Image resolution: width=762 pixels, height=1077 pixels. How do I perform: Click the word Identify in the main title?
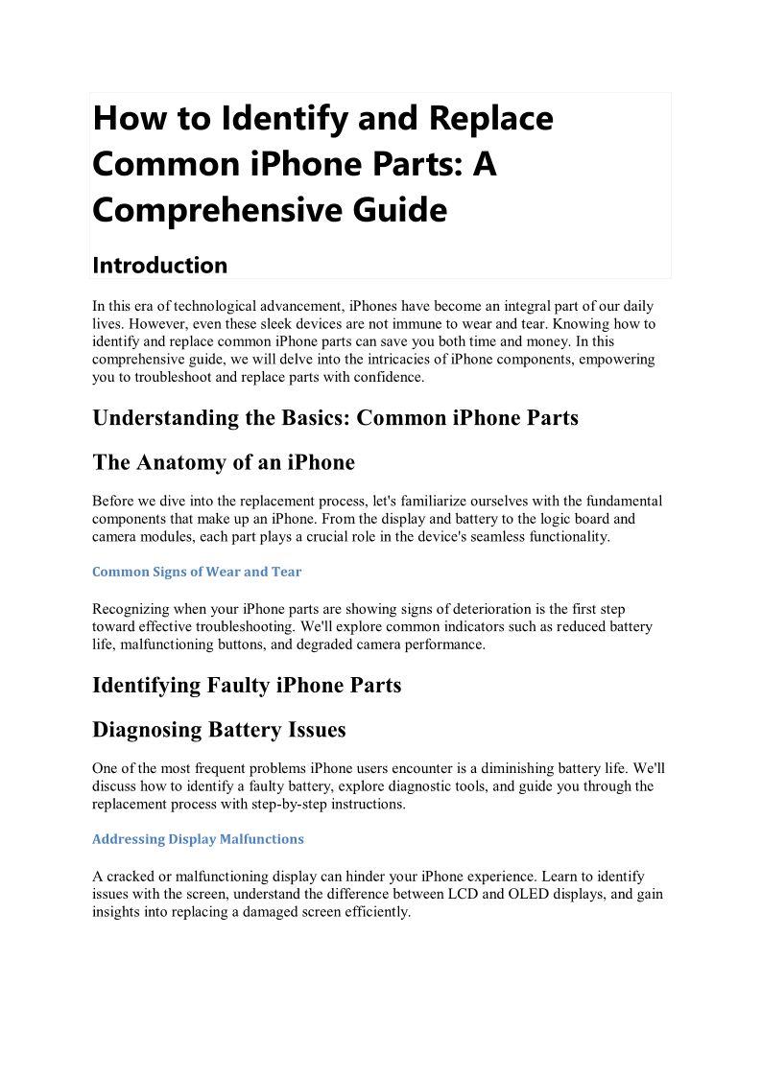pos(279,119)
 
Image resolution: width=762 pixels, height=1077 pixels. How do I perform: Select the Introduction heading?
pos(160,265)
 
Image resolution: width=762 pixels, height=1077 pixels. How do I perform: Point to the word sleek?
pos(277,324)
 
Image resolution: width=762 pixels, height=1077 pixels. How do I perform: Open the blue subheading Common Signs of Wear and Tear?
pos(197,572)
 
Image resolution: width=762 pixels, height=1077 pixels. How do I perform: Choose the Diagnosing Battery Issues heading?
pos(219,730)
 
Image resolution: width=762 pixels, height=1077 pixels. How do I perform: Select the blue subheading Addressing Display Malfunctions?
pos(198,839)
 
